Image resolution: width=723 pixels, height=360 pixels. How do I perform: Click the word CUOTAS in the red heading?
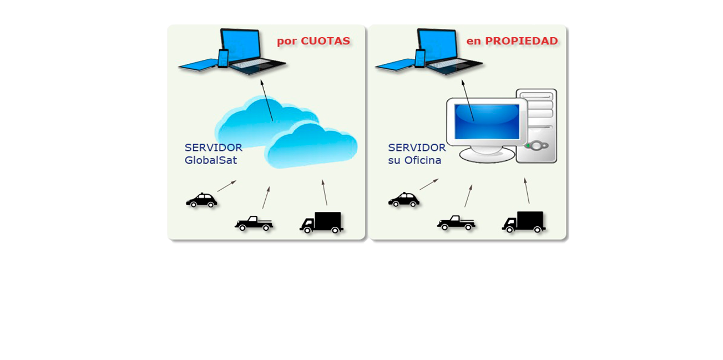tap(325, 41)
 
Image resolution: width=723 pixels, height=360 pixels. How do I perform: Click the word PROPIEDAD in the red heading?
tap(522, 41)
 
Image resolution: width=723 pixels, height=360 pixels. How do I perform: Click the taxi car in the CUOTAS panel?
tap(201, 200)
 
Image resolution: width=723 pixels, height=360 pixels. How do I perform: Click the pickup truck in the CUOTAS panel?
tap(254, 223)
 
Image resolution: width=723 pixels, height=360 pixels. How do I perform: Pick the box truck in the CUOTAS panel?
tap(322, 222)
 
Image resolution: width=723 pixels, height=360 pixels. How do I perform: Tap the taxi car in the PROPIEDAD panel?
tap(403, 200)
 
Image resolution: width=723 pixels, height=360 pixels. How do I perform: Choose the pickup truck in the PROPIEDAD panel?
tap(456, 223)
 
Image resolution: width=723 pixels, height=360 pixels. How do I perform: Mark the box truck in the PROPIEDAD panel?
tap(524, 222)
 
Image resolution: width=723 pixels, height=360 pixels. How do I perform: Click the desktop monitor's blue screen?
tap(487, 121)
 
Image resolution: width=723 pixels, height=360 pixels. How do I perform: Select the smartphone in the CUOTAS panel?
tap(223, 58)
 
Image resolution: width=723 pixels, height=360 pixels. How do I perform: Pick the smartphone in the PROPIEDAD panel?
tap(420, 58)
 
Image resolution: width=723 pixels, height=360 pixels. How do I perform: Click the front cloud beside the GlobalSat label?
tap(312, 146)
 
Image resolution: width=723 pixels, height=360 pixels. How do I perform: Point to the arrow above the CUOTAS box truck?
tap(325, 192)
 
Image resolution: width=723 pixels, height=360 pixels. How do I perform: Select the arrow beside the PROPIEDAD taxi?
tap(429, 184)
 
